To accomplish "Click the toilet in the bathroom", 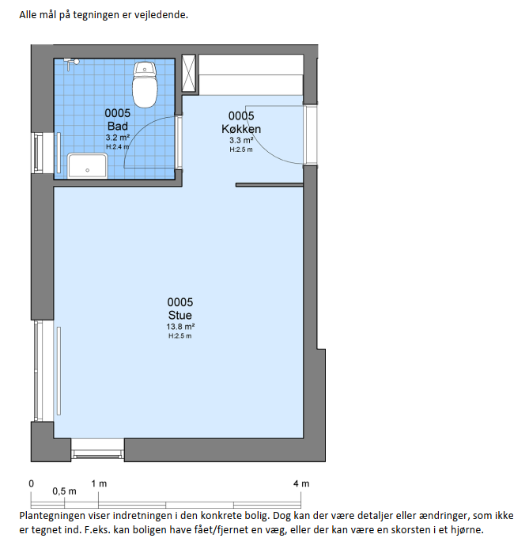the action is click(145, 85).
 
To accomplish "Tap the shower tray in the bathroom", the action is click(87, 165).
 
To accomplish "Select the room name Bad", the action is click(118, 126).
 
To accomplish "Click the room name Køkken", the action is click(241, 129).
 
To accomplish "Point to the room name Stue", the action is click(180, 315).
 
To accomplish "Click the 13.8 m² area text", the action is click(180, 327).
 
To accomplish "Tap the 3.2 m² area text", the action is click(118, 138).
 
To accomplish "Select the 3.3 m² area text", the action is click(241, 140).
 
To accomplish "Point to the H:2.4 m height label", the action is click(118, 146).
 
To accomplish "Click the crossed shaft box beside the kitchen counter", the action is click(189, 74).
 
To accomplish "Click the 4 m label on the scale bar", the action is click(301, 483).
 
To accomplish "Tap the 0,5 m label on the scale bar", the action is click(64, 491).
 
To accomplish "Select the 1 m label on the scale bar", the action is click(99, 483).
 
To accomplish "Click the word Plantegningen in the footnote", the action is click(52, 516).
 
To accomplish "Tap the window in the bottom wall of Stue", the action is click(97, 450).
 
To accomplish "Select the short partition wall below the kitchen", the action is click(270, 184).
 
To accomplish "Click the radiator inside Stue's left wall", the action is click(59, 371).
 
